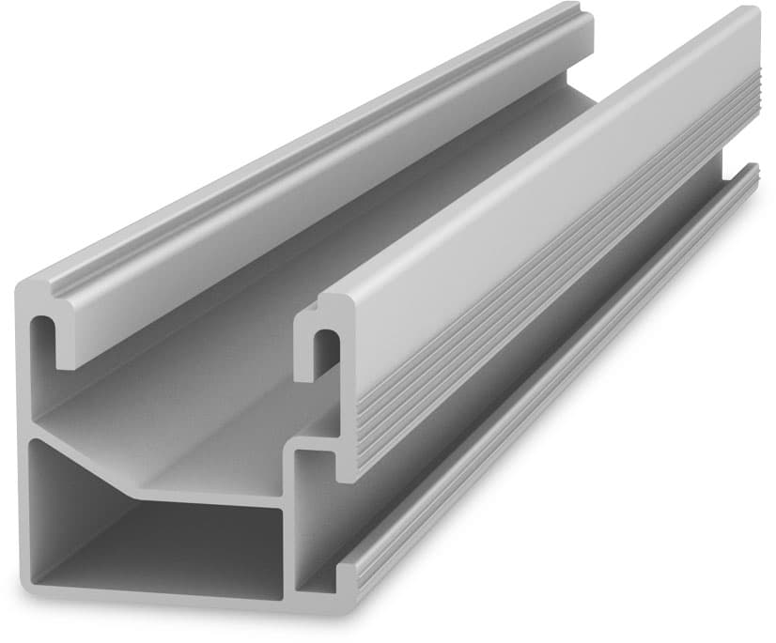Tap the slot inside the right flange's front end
tap(324, 350)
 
